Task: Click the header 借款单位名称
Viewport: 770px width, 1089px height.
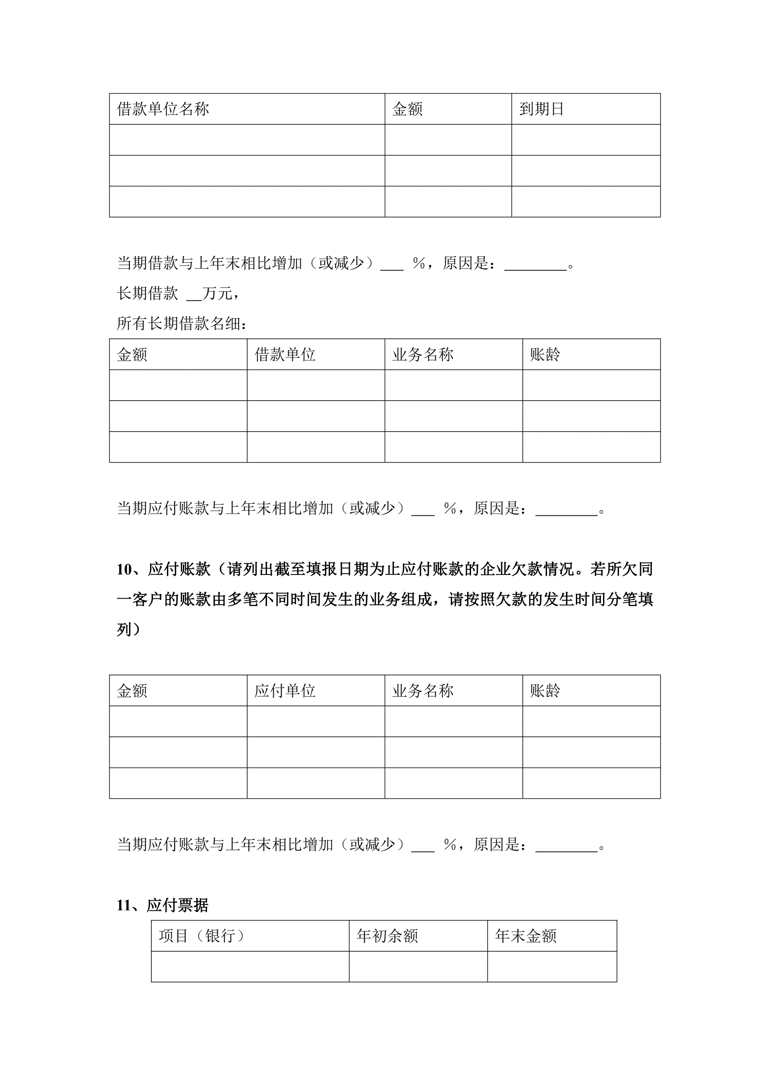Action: point(163,109)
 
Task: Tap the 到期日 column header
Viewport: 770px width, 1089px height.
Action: point(541,109)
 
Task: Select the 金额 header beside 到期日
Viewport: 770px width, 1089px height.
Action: point(407,109)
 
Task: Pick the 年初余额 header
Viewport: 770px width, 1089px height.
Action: point(387,936)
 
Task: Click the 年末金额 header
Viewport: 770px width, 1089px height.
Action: point(525,936)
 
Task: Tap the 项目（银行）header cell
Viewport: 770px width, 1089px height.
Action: point(202,936)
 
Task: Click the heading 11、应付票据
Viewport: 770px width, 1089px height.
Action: point(163,906)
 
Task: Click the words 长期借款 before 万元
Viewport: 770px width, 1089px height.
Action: point(148,294)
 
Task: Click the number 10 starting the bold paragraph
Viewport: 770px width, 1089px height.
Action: point(124,569)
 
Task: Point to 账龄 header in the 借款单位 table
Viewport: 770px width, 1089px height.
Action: point(545,354)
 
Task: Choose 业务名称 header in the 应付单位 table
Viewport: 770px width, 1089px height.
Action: point(422,691)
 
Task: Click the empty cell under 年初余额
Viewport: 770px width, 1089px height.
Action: point(418,966)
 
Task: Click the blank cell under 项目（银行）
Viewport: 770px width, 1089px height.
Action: point(250,966)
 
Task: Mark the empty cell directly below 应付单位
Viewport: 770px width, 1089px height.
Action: point(315,721)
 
